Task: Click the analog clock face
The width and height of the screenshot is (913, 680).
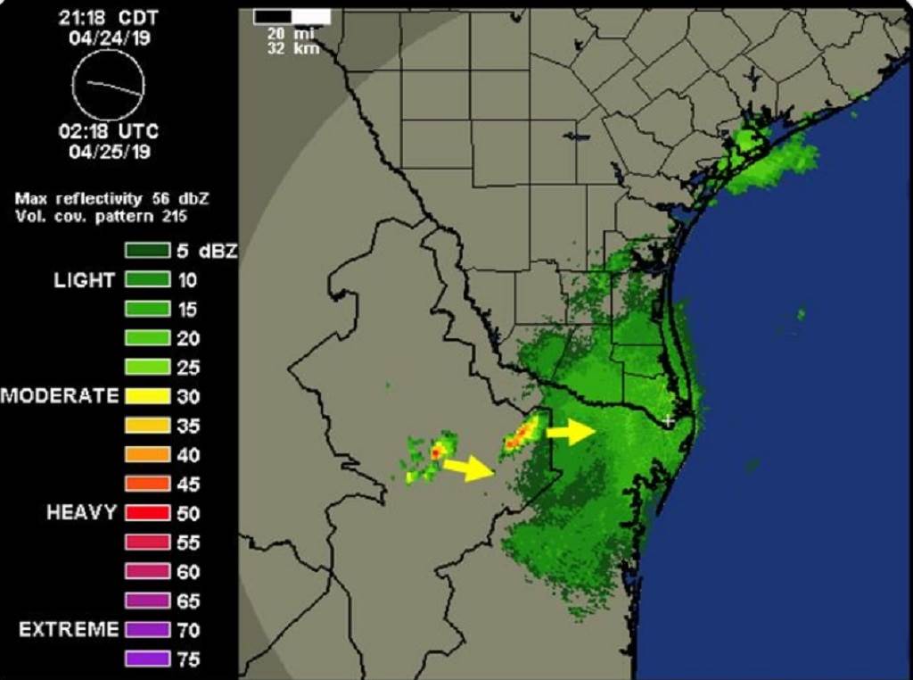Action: click(108, 86)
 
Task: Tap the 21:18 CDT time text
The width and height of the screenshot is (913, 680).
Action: click(108, 17)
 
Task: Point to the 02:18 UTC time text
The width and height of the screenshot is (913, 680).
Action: click(108, 131)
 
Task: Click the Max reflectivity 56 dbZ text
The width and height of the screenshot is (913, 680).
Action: click(111, 197)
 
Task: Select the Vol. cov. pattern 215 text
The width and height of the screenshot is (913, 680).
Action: click(101, 215)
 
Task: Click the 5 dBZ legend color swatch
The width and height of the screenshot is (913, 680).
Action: click(147, 251)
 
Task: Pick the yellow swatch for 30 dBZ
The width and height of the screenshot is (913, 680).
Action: click(147, 396)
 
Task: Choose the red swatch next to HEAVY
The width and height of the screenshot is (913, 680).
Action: click(147, 513)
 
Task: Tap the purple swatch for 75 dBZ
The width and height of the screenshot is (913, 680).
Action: click(147, 659)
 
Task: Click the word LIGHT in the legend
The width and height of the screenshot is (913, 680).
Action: click(85, 280)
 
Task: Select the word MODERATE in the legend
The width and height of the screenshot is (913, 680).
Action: click(60, 396)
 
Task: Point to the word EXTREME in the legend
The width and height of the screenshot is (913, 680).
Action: click(69, 630)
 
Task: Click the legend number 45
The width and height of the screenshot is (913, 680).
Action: click(188, 485)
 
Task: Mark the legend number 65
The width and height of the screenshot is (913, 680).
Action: click(188, 601)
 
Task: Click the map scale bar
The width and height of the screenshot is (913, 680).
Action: click(292, 17)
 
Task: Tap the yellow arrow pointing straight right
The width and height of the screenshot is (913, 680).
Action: click(571, 433)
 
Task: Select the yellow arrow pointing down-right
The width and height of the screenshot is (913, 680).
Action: click(469, 469)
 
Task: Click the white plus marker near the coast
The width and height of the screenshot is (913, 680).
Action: click(670, 419)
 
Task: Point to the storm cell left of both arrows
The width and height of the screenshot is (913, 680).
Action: click(434, 454)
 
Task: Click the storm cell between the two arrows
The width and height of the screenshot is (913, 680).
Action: click(521, 435)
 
